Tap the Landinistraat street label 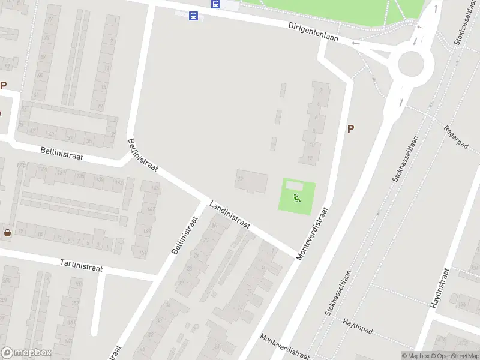230,215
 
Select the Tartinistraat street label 81,265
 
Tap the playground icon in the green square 296,197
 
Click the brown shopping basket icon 7,232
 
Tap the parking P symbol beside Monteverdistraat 350,128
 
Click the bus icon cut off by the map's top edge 215,3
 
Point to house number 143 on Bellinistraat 118,182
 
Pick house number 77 49,20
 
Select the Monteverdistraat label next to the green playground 313,233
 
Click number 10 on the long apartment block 312,145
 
